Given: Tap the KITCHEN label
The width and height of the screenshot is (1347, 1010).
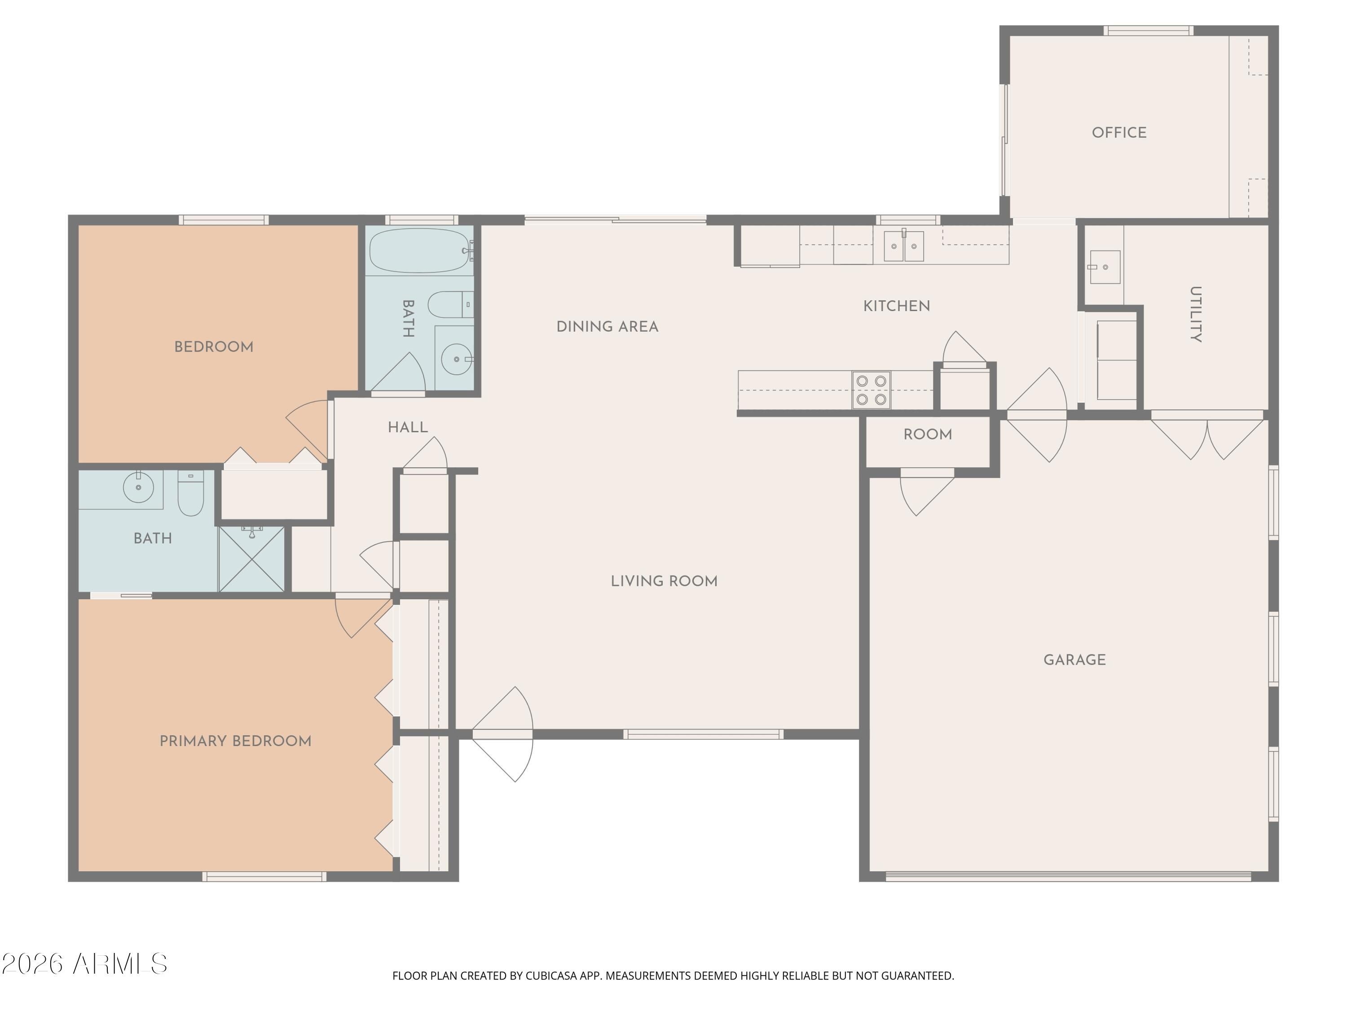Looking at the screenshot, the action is click(x=896, y=306).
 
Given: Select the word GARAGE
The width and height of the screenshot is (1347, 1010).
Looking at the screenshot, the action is click(x=1075, y=660).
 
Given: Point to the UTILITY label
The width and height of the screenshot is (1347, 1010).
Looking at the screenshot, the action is click(x=1195, y=314).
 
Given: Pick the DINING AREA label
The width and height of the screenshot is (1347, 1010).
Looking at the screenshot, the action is click(x=607, y=327).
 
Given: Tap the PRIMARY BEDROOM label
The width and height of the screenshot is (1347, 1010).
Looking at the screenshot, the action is click(x=236, y=741).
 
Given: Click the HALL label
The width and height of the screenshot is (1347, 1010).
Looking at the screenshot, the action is click(x=408, y=427).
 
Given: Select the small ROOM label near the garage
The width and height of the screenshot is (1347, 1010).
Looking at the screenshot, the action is click(x=928, y=435).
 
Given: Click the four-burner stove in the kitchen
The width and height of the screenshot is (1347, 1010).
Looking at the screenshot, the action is click(x=871, y=390).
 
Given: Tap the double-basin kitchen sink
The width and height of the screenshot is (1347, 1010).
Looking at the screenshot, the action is click(x=904, y=246).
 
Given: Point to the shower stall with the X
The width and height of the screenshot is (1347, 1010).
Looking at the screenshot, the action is click(x=251, y=559).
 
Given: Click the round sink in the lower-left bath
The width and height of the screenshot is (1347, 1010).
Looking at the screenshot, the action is click(x=139, y=487).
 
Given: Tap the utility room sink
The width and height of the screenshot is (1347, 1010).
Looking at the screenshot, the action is click(x=1105, y=267).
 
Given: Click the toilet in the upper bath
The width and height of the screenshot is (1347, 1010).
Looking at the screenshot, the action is click(x=451, y=304).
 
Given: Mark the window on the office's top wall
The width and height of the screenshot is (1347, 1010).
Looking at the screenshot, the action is click(x=1148, y=31).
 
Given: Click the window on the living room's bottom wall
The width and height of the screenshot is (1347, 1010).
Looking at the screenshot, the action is click(x=703, y=734).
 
